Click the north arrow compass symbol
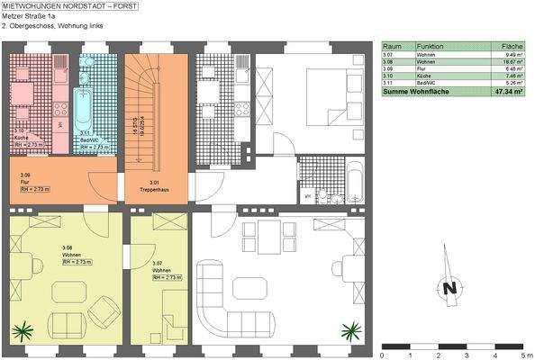(447, 287)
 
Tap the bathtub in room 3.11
(85, 101)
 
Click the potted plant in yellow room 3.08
(23, 330)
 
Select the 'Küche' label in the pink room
(20, 137)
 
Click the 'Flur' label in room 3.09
(24, 183)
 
